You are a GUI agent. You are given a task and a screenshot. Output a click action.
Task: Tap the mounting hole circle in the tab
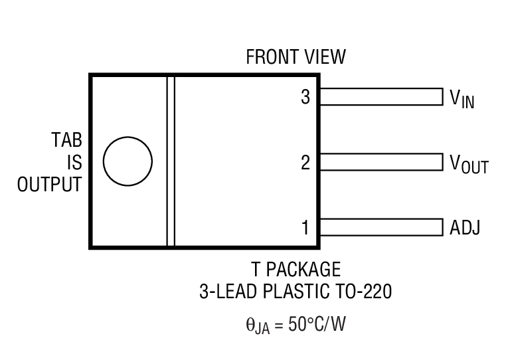pos(127,161)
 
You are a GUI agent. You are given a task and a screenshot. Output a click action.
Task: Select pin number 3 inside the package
pos(305,97)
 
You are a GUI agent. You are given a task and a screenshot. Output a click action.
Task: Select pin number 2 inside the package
pos(305,162)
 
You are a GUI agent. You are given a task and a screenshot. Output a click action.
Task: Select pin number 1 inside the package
pos(305,228)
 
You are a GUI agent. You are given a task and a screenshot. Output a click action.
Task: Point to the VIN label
pos(462,100)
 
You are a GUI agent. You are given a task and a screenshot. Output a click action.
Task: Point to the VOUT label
pos(469,164)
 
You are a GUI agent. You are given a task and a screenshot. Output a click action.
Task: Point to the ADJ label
pos(465,228)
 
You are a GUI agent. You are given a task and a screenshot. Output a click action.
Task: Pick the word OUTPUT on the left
pos(49,184)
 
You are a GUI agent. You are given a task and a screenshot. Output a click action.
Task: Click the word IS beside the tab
pos(74,163)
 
